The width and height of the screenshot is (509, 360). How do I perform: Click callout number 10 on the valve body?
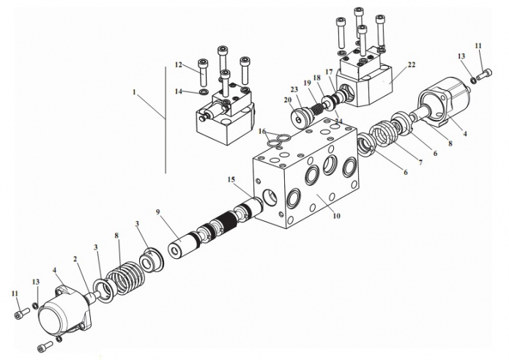click(x=336, y=215)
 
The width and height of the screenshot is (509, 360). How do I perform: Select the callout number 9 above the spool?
click(x=157, y=212)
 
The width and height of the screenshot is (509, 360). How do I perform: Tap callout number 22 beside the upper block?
click(x=412, y=65)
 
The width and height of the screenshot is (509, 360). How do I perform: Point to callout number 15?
click(x=231, y=179)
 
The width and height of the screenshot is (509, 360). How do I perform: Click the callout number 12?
click(x=179, y=64)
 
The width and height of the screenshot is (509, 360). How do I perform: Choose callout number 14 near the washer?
click(x=179, y=91)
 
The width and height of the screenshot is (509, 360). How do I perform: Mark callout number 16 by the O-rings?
click(x=262, y=131)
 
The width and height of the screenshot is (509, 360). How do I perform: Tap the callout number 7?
click(x=420, y=162)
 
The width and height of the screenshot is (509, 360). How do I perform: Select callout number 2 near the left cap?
click(x=75, y=259)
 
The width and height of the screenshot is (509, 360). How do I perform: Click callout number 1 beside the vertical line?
click(x=134, y=92)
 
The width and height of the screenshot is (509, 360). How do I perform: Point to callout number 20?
click(x=288, y=100)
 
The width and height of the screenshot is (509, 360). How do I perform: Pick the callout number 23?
click(x=294, y=90)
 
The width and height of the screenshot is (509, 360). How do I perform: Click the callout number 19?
click(x=307, y=83)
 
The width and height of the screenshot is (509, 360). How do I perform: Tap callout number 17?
click(x=329, y=72)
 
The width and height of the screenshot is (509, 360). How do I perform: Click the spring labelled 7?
click(x=387, y=135)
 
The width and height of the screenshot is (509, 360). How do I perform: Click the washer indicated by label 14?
click(x=203, y=92)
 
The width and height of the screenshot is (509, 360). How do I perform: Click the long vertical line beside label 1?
click(x=166, y=120)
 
